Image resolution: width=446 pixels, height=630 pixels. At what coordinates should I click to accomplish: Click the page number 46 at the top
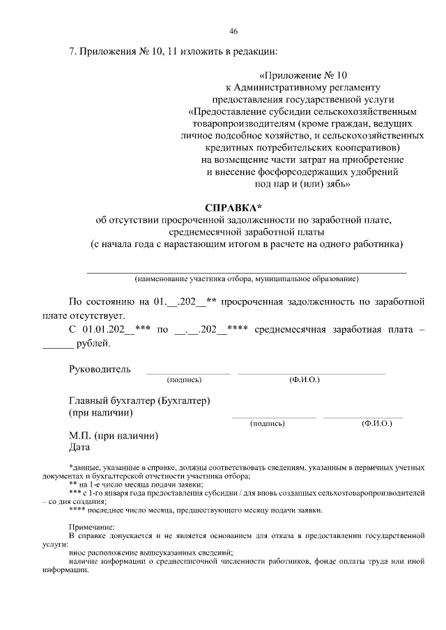pos(233,31)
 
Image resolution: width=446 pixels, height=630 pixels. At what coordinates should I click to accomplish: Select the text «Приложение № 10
pos(302,74)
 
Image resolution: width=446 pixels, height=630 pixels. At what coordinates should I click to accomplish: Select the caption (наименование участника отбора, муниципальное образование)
pos(246,279)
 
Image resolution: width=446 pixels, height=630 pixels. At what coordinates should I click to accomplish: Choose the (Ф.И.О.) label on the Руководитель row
pos(304,380)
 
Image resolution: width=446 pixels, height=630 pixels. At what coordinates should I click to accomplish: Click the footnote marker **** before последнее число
pos(77,510)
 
